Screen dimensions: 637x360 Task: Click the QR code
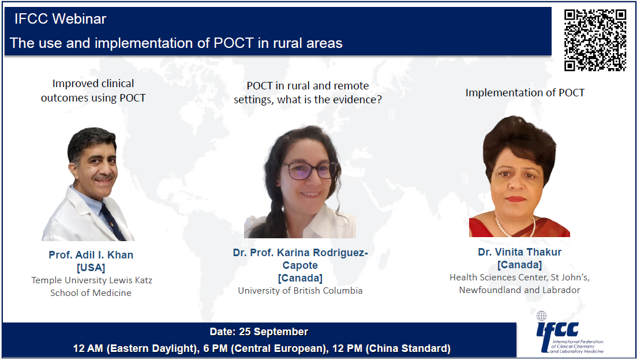coord(595,40)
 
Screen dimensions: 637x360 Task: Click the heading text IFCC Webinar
coord(60,18)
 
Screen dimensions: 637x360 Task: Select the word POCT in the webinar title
coord(234,43)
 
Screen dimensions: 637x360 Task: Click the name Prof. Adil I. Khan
coord(91,255)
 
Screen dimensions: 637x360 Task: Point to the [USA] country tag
coord(91,268)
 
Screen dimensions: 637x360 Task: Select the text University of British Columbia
coord(300,291)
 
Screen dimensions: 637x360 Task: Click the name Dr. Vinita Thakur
coord(520,252)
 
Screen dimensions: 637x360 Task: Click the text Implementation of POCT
coord(525,93)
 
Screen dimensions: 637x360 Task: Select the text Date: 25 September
coord(258,332)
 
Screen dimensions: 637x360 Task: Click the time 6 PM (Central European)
coord(265,348)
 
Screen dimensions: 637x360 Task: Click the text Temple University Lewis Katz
coord(92,280)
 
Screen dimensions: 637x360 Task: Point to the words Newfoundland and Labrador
coord(520,290)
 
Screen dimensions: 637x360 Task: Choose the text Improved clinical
coord(93,83)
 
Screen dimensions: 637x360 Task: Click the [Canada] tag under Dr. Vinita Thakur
coord(520,265)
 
